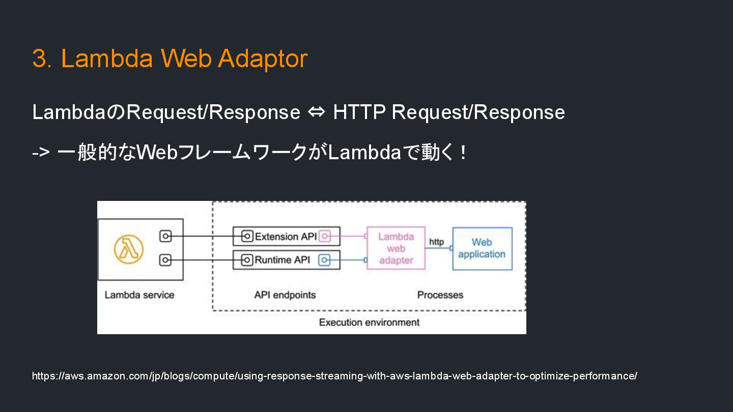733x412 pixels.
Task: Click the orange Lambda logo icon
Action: (129, 249)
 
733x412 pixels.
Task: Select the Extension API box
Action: (286, 237)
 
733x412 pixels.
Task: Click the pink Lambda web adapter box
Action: (396, 248)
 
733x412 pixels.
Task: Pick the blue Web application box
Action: (482, 248)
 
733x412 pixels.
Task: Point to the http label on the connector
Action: (436, 242)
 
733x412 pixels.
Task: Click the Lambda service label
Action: (139, 295)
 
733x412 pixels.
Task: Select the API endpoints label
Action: (285, 295)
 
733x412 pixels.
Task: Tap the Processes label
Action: (440, 295)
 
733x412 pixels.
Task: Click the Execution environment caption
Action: (369, 322)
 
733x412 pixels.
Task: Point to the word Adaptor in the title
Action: (263, 58)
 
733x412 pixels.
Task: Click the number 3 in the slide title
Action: (40, 58)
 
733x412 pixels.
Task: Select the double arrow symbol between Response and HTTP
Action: (316, 112)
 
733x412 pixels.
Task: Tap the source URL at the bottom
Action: (334, 376)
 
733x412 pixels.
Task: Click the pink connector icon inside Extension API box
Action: (325, 237)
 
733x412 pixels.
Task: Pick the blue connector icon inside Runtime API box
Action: (325, 260)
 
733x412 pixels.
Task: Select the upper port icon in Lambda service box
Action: (165, 237)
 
